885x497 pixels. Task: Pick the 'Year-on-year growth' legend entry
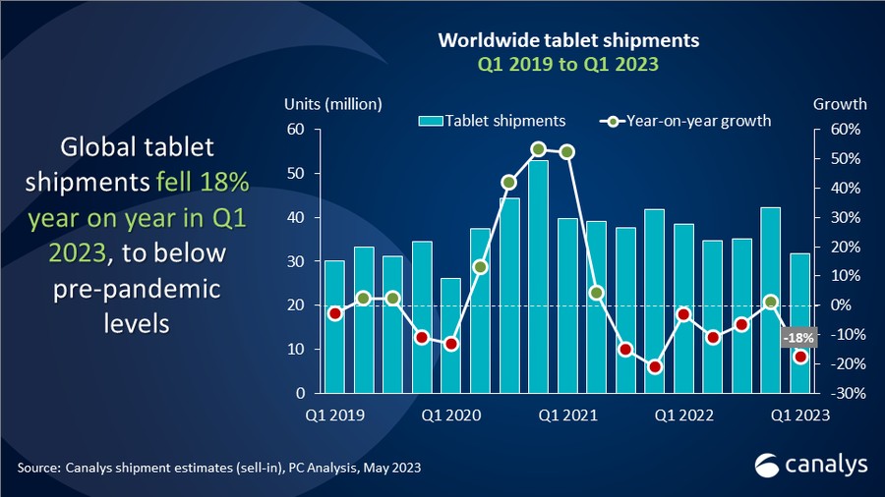pos(685,121)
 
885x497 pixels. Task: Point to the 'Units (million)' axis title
pos(332,104)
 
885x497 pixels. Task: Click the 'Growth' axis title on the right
pos(840,104)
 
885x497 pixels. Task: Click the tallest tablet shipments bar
pos(538,276)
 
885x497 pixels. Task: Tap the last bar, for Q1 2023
pos(800,323)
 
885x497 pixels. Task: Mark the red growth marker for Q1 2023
pos(800,358)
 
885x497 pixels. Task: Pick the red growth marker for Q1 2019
pos(334,313)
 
